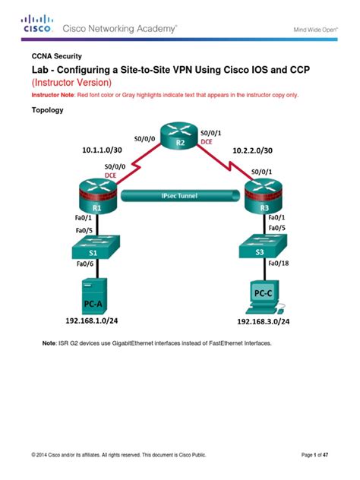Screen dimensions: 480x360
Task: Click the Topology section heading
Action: (x=46, y=109)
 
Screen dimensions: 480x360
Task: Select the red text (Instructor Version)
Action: (x=71, y=81)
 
